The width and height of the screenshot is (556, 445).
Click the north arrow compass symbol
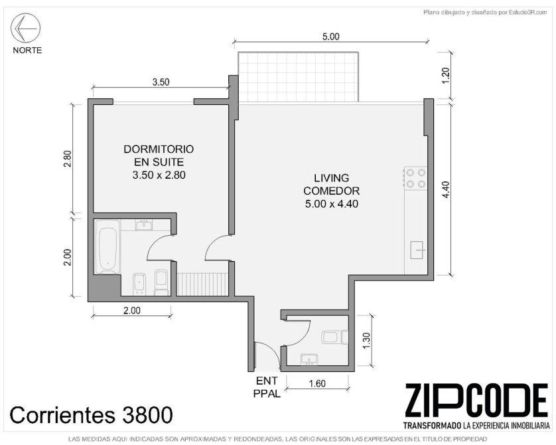pyautogui.click(x=25, y=28)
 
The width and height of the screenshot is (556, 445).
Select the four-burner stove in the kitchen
pyautogui.click(x=416, y=178)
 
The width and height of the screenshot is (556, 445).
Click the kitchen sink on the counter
pyautogui.click(x=417, y=250)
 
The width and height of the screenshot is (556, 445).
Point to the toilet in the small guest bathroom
pyautogui.click(x=335, y=337)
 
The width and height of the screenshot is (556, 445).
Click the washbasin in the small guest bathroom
pyautogui.click(x=310, y=359)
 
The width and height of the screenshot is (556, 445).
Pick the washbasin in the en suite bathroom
pyautogui.click(x=144, y=225)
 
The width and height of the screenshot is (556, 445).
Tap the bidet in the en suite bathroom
pyautogui.click(x=139, y=284)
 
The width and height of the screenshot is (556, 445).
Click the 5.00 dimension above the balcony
pyautogui.click(x=330, y=37)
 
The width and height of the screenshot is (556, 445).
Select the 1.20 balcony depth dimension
pyautogui.click(x=446, y=75)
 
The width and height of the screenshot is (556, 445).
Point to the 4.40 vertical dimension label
pyautogui.click(x=446, y=190)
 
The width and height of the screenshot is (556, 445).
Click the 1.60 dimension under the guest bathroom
pyautogui.click(x=317, y=384)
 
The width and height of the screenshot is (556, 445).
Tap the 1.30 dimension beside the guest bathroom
pyautogui.click(x=366, y=341)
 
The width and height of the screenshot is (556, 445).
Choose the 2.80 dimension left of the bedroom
pyautogui.click(x=68, y=159)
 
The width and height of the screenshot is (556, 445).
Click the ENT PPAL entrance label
pyautogui.click(x=267, y=387)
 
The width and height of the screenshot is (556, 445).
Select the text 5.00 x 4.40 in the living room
pyautogui.click(x=332, y=204)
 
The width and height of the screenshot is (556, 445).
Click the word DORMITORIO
pyautogui.click(x=159, y=149)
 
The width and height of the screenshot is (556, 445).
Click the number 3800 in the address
pyautogui.click(x=147, y=415)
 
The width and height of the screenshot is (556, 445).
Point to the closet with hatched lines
pyautogui.click(x=202, y=284)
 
